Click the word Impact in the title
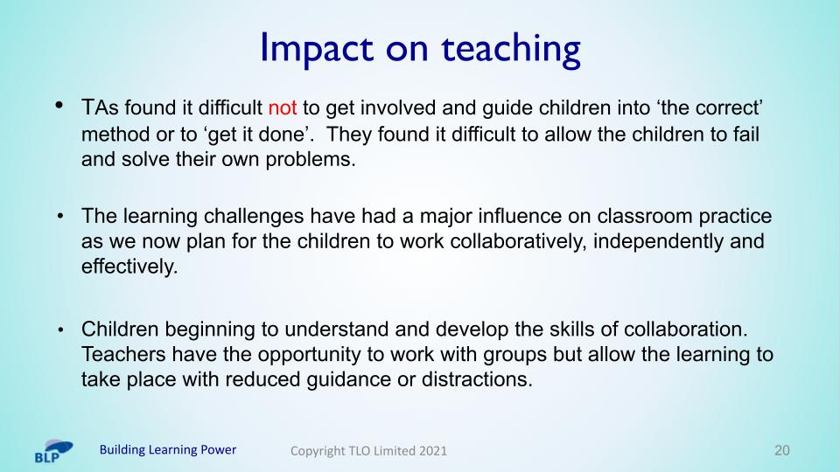tap(317, 49)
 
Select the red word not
tap(283, 108)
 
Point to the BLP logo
tap(53, 451)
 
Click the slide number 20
tap(782, 450)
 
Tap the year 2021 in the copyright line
tap(433, 451)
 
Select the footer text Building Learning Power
tap(168, 449)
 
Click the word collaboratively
tap(518, 241)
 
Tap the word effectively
tap(129, 267)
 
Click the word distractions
tap(477, 379)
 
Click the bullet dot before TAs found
tap(59, 105)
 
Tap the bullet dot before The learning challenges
tap(60, 217)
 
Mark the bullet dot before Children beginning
tap(60, 330)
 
